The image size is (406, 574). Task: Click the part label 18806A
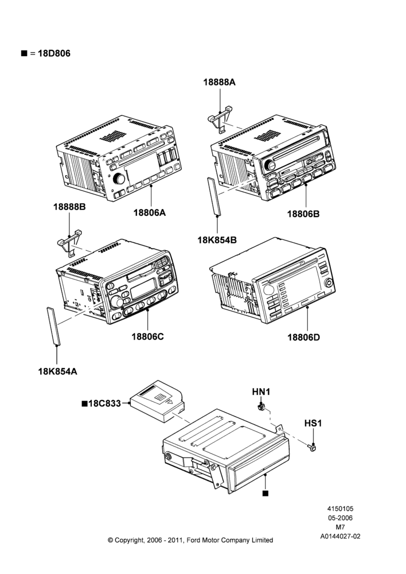pyautogui.click(x=149, y=212)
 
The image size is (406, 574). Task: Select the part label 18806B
pyautogui.click(x=303, y=214)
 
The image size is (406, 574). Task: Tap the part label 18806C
pyautogui.click(x=148, y=336)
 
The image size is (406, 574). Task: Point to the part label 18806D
pyautogui.click(x=303, y=337)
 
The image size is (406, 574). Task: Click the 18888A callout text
pyautogui.click(x=220, y=82)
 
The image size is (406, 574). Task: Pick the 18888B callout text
pyautogui.click(x=69, y=207)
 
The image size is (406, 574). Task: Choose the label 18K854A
pyautogui.click(x=58, y=371)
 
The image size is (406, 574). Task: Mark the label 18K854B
pyautogui.click(x=217, y=240)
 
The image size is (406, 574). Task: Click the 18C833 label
pyautogui.click(x=104, y=404)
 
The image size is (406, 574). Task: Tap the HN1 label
pyautogui.click(x=261, y=392)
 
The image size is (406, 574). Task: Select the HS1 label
pyautogui.click(x=313, y=424)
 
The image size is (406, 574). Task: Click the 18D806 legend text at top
pyautogui.click(x=54, y=53)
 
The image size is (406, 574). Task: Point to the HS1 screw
pyautogui.click(x=313, y=447)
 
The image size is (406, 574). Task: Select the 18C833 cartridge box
pyautogui.click(x=158, y=401)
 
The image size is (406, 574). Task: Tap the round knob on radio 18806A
pyautogui.click(x=119, y=179)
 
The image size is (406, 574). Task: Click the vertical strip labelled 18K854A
pyautogui.click(x=53, y=326)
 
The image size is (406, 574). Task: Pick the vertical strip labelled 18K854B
pyautogui.click(x=214, y=196)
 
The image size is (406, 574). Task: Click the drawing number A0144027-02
pyautogui.click(x=340, y=537)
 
